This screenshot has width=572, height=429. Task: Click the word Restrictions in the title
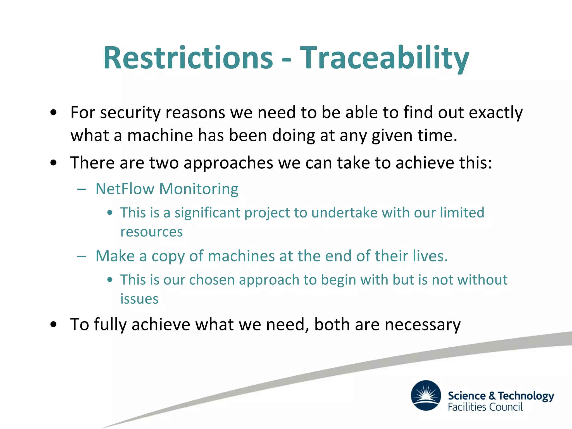pyautogui.click(x=188, y=58)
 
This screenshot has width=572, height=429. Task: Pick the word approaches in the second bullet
pyautogui.click(x=228, y=163)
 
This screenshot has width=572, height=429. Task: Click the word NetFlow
pyautogui.click(x=125, y=189)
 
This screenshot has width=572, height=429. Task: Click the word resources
pyautogui.click(x=151, y=232)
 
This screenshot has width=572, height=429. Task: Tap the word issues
pyautogui.click(x=139, y=299)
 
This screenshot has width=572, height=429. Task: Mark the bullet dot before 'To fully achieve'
pyautogui.click(x=54, y=325)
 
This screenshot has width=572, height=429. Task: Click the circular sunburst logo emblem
pyautogui.click(x=426, y=395)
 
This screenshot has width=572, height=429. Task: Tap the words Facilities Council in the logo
pyautogui.click(x=485, y=407)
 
